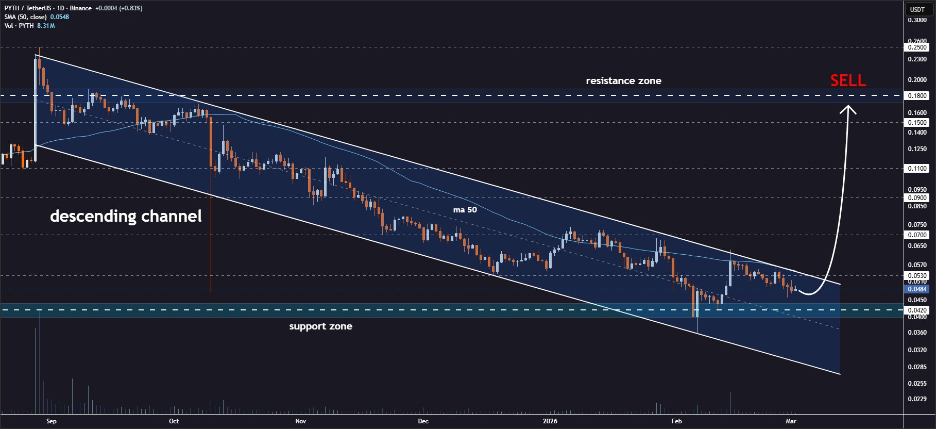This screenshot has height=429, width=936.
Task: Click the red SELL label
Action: tap(848, 80)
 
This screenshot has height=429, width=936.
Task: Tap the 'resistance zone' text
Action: tap(623, 80)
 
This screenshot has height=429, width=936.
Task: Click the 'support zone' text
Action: tap(320, 326)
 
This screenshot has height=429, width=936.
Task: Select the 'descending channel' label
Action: tap(126, 216)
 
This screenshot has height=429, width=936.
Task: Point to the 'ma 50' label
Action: tap(465, 209)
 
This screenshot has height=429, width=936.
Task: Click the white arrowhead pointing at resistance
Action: tap(848, 109)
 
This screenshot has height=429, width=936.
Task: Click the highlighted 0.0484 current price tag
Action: tap(917, 289)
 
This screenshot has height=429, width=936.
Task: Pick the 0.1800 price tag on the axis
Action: tap(917, 95)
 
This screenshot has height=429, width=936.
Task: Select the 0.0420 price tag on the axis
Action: tap(917, 310)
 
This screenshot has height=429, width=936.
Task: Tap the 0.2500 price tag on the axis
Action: tap(917, 47)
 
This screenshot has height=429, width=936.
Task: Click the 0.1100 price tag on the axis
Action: tap(917, 168)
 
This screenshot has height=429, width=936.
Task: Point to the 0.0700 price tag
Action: tap(917, 235)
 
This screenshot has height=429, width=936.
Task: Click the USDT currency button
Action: tap(917, 9)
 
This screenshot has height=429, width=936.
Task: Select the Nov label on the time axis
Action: tap(301, 421)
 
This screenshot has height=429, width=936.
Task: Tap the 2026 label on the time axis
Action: tap(550, 421)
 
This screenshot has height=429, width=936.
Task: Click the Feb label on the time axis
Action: tap(676, 421)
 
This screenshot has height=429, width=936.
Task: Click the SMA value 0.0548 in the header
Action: tap(60, 17)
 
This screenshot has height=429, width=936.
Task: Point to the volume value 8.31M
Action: tap(46, 25)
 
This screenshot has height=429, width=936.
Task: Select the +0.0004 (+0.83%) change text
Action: tap(119, 8)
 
